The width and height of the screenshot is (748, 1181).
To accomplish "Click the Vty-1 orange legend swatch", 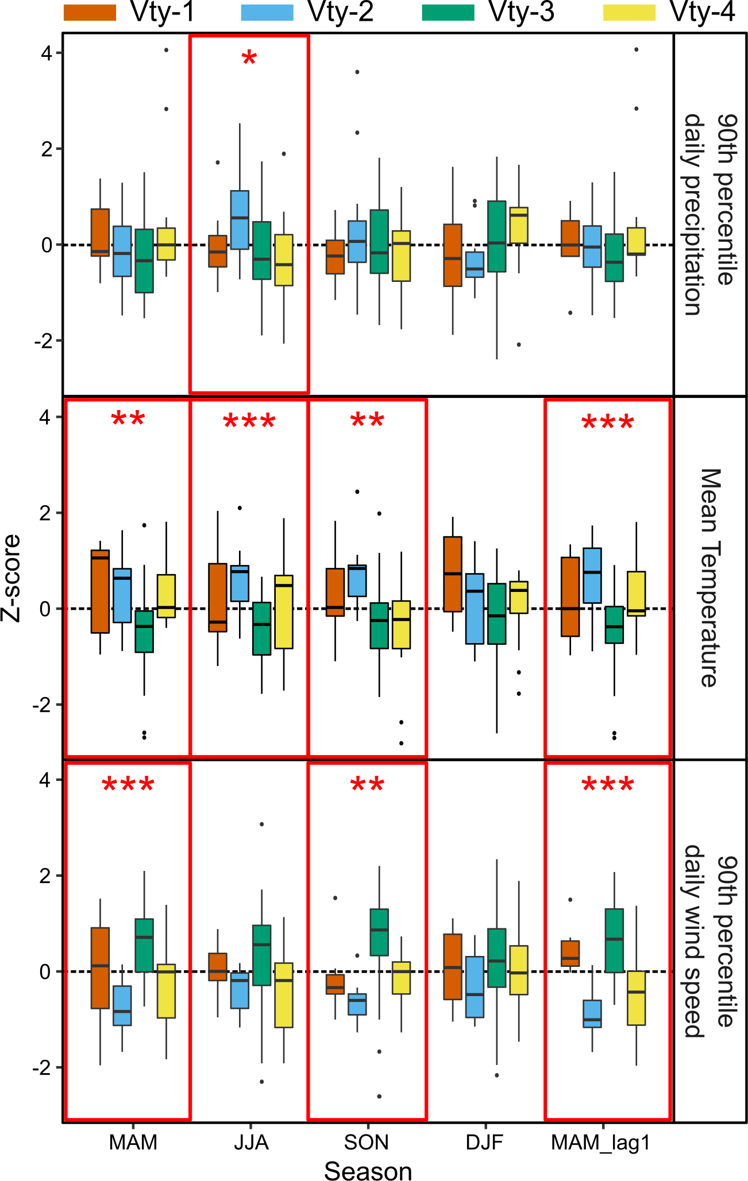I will pos(90,13).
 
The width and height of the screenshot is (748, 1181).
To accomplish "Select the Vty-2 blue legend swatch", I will pos(267,13).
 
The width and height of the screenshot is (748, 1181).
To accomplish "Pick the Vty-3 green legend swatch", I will pos(448,13).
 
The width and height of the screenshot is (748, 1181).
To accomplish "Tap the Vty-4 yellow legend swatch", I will pos(629,13).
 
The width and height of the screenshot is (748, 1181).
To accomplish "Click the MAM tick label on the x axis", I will pos(133,1143).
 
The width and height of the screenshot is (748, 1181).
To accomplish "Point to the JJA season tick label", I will pos(251,1143).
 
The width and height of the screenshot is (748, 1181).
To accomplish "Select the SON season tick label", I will pos(367,1143).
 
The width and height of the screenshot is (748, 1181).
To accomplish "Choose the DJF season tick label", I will pos(484,1143).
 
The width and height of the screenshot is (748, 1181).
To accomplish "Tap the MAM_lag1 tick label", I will pos(600,1143).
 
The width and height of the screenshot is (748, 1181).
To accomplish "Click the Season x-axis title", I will pos(368,1170).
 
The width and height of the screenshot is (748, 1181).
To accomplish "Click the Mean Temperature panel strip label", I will pos(710,578).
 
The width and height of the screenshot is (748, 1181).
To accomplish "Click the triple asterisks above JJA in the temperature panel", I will pos(249,423).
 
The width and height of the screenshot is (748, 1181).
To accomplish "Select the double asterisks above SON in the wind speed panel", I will pos(367,785).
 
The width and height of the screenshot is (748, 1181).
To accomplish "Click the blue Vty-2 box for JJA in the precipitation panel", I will pos(240,219).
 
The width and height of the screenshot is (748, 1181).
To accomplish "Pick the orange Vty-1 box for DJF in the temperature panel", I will pos(453,574).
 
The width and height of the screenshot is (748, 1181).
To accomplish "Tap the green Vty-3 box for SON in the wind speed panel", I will pos(379,932).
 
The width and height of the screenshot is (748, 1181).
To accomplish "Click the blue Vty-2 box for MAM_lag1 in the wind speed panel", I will pos(592,1013).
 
